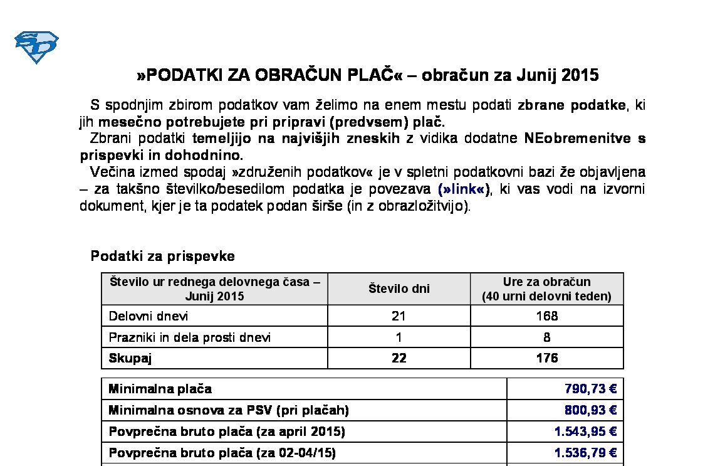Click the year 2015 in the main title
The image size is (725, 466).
(x=580, y=75)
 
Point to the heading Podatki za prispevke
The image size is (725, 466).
(x=163, y=256)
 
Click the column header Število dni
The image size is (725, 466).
(x=399, y=289)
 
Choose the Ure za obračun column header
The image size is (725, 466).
(x=546, y=289)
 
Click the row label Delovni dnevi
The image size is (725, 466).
(x=149, y=316)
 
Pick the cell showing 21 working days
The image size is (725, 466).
(x=399, y=316)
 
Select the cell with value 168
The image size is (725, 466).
(x=546, y=316)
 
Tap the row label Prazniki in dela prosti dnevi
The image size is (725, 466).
(x=190, y=337)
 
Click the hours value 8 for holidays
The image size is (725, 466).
(x=546, y=337)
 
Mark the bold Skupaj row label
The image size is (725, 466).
(x=130, y=358)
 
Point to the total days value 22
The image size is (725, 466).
(x=399, y=358)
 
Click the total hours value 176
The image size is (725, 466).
(x=546, y=358)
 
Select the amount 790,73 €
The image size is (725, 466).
(x=590, y=389)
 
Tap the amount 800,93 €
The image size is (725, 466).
(x=590, y=410)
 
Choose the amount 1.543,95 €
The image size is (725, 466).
(x=585, y=432)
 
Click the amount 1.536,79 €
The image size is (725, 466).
(x=585, y=453)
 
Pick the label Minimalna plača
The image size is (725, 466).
(x=160, y=389)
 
